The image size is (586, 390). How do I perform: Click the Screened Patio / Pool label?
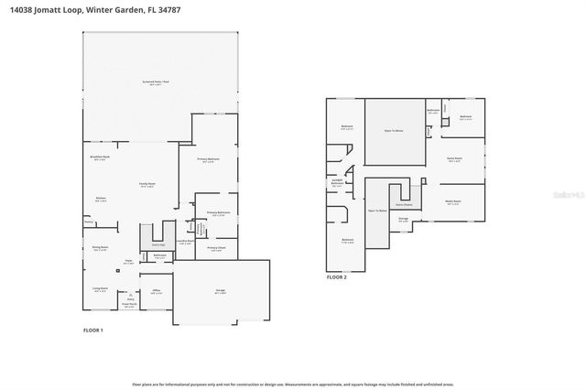point(157,82)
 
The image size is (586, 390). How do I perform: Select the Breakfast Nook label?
point(101,157)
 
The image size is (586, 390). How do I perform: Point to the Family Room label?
point(148,184)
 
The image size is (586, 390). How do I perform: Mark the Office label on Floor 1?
point(156,290)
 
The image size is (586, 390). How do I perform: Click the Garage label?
point(220,291)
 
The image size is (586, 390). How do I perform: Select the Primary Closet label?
point(216,248)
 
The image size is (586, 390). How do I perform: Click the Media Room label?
point(452,201)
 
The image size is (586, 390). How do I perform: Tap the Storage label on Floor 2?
point(403,219)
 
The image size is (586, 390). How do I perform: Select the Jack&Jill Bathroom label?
point(337,183)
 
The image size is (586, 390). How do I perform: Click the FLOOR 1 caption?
point(93,330)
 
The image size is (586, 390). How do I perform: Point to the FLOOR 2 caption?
point(338,276)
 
